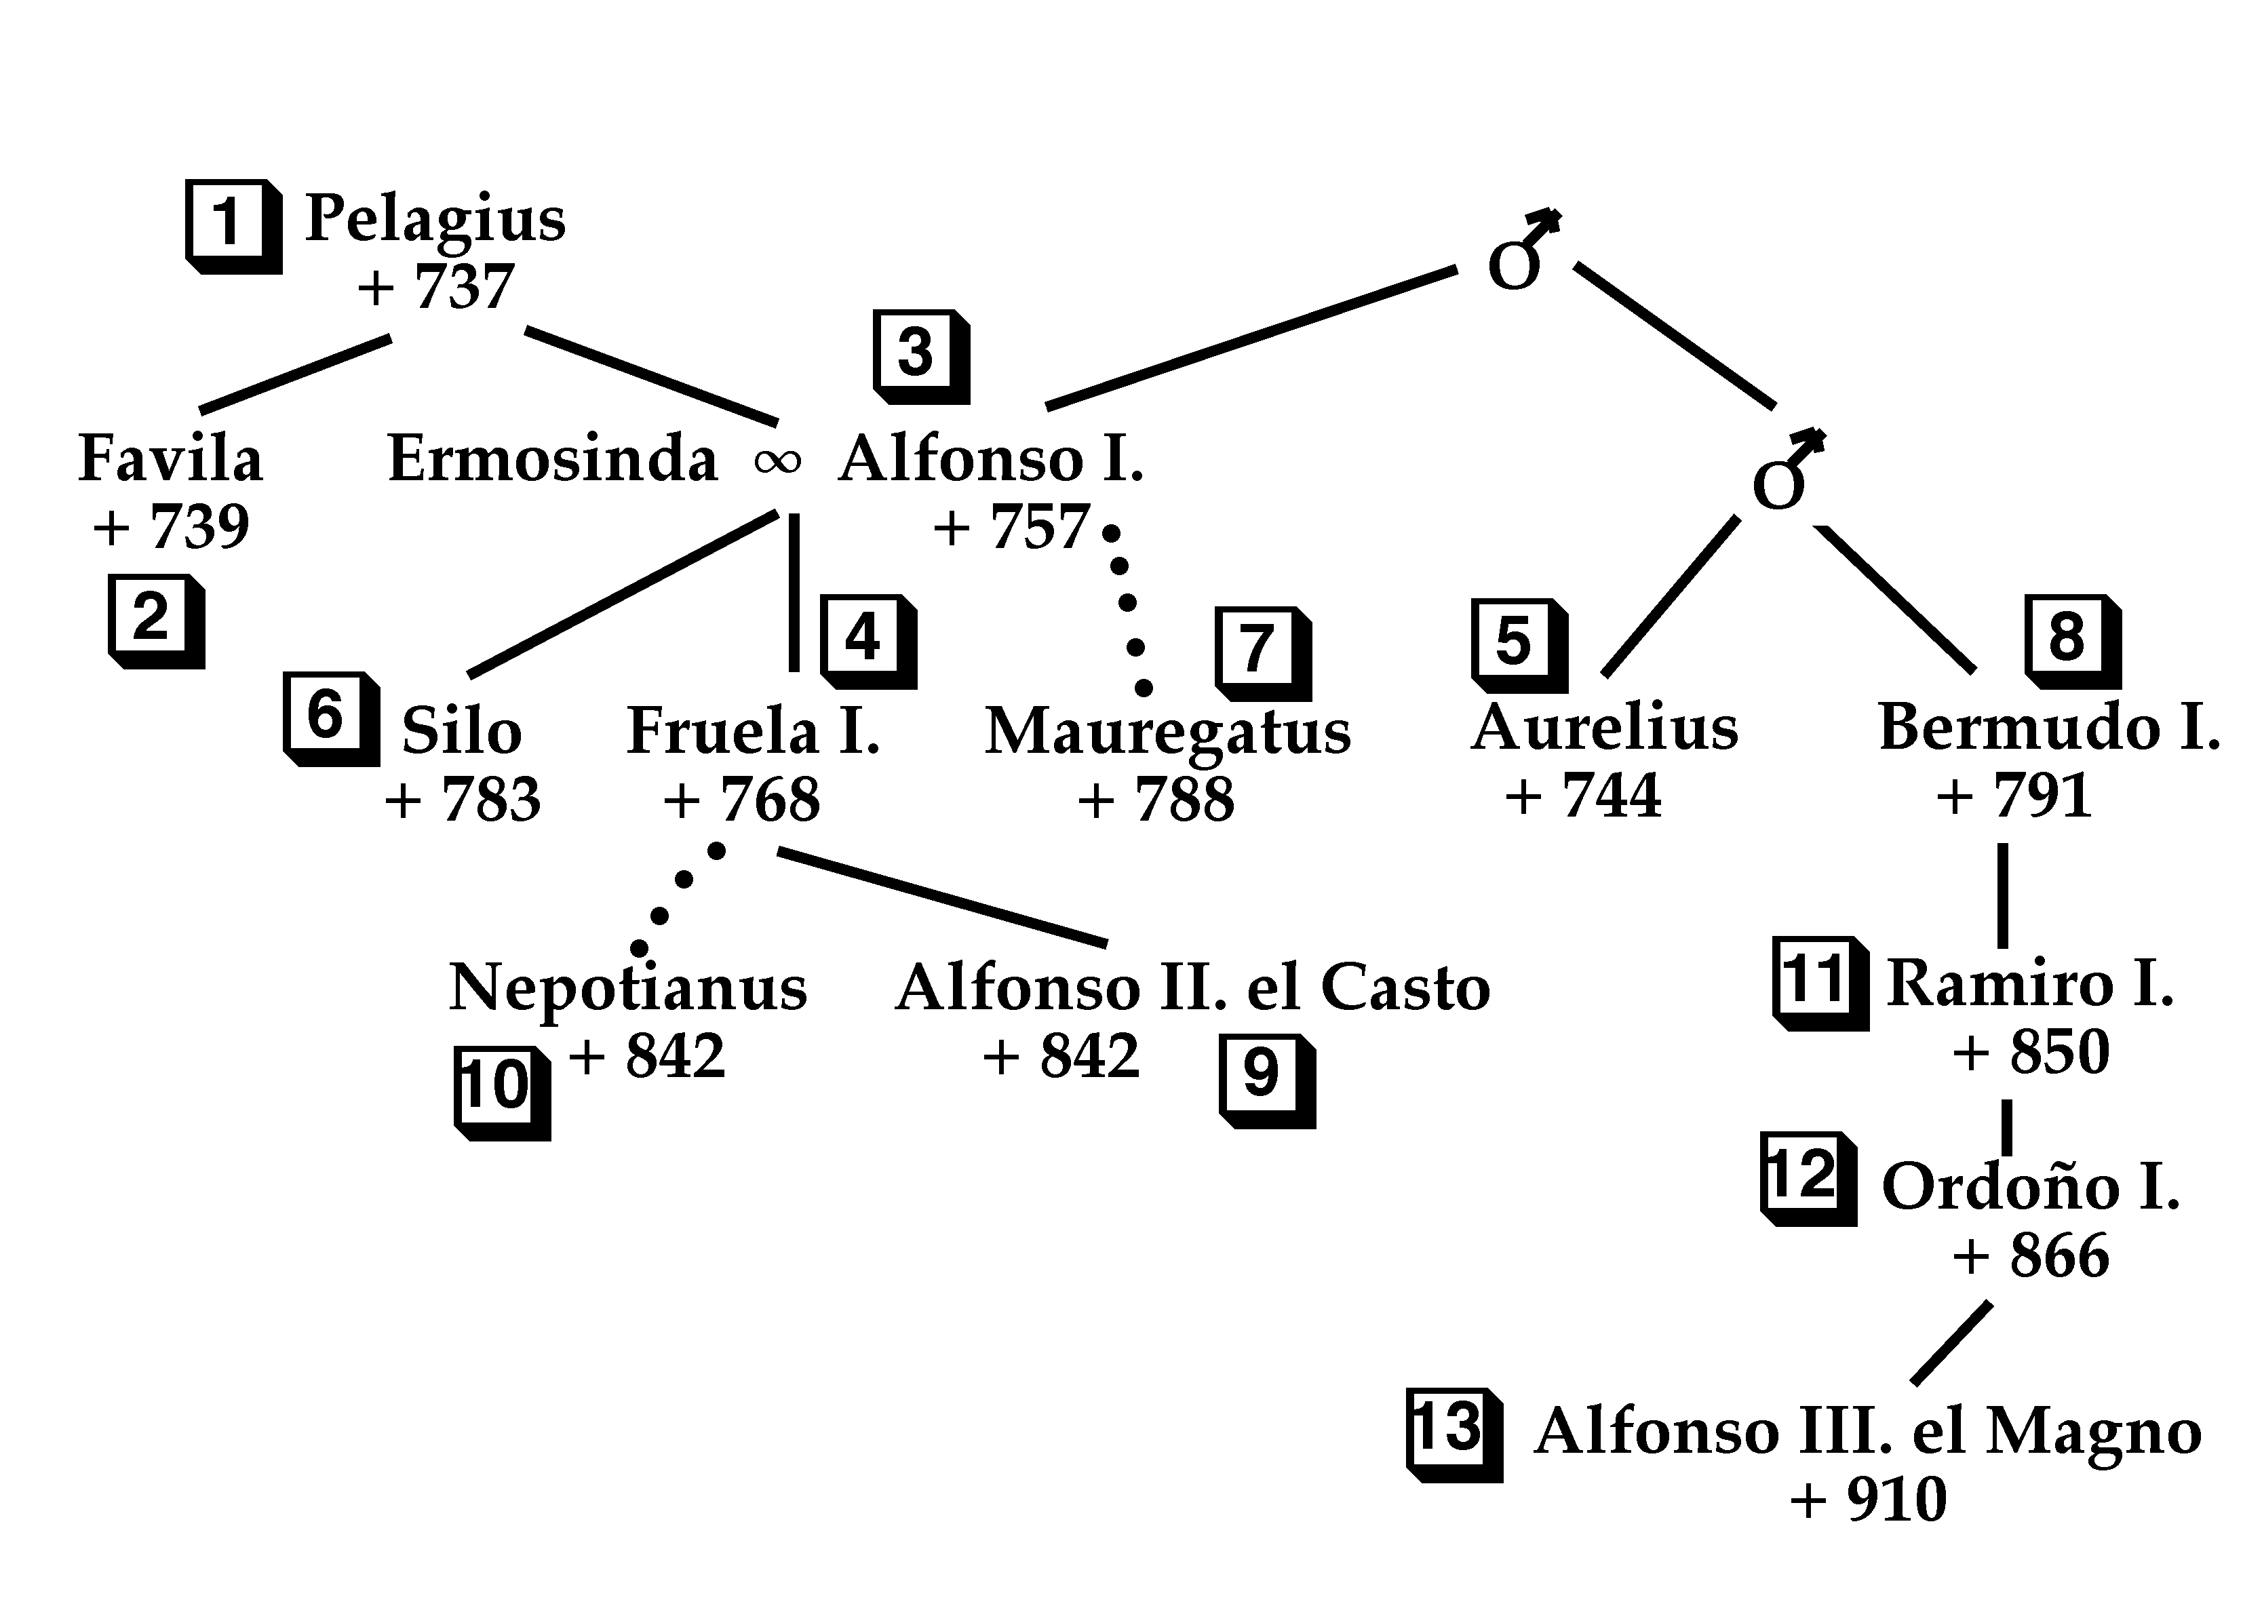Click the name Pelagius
(x=435, y=219)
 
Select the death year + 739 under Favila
(x=172, y=527)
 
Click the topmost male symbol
(x=1520, y=254)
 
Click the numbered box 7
(x=1257, y=649)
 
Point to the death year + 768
(x=742, y=799)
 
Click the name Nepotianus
(x=627, y=988)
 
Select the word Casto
(x=1405, y=988)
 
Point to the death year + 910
(x=1868, y=1500)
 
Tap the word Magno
(x=2093, y=1432)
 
